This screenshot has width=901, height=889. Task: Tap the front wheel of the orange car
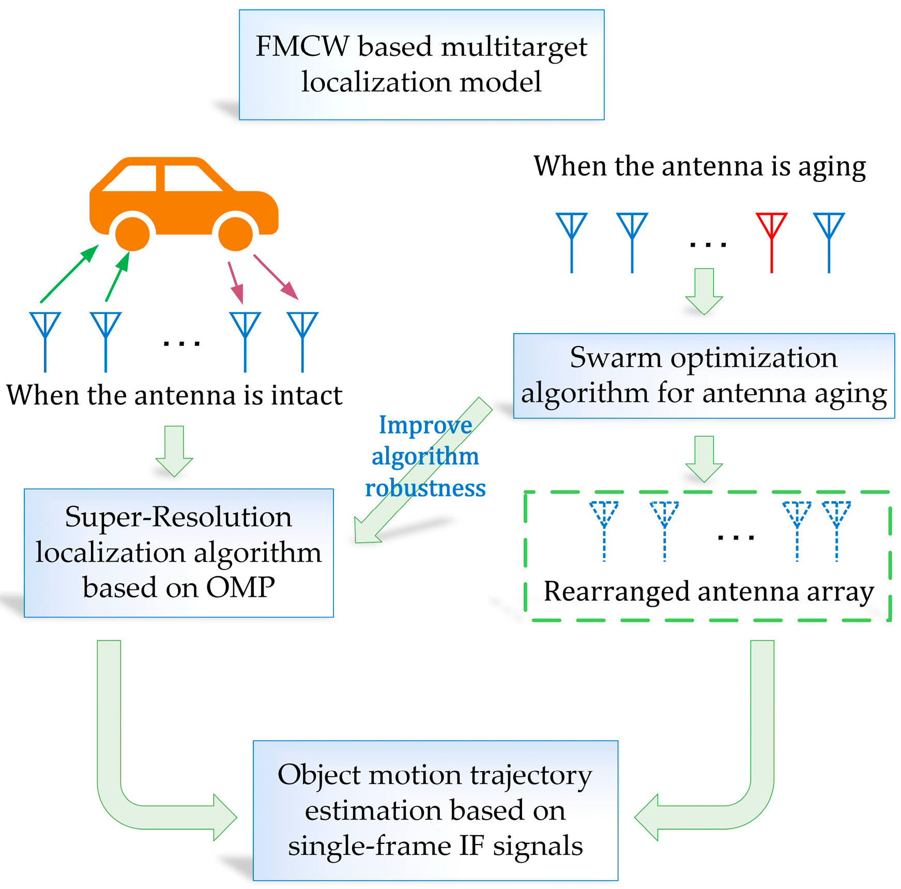click(x=236, y=234)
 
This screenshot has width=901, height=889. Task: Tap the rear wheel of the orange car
click(x=132, y=234)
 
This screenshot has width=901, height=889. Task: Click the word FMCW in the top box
click(x=302, y=47)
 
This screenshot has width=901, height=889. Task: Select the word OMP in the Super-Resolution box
click(x=240, y=588)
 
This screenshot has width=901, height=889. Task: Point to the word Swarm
click(x=615, y=358)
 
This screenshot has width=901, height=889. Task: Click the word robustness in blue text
click(x=425, y=488)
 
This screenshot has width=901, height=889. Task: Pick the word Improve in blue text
click(x=425, y=425)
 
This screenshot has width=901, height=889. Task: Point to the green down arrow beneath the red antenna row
click(x=704, y=291)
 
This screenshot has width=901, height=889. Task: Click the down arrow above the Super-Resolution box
click(x=174, y=450)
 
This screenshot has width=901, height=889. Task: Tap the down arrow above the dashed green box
click(x=704, y=458)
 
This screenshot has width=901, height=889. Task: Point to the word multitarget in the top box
click(x=514, y=47)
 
